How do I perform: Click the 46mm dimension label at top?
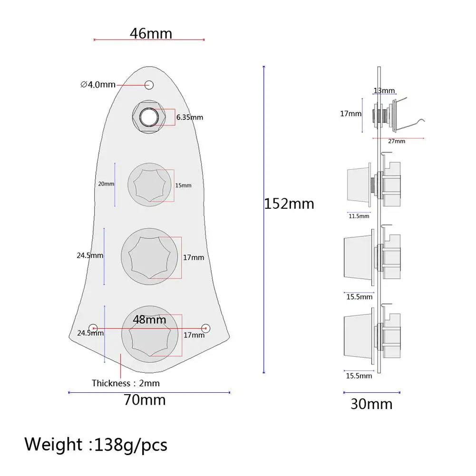tap(151, 33)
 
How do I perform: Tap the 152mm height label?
tap(289, 204)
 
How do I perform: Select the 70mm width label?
tap(145, 400)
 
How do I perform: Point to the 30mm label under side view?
tap(371, 404)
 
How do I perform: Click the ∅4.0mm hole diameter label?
tap(98, 84)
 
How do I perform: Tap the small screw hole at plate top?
tap(149, 85)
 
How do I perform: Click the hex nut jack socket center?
tap(149, 117)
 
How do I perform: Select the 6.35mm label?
tap(190, 117)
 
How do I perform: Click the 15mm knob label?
tap(184, 185)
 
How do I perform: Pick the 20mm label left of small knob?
tap(106, 184)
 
